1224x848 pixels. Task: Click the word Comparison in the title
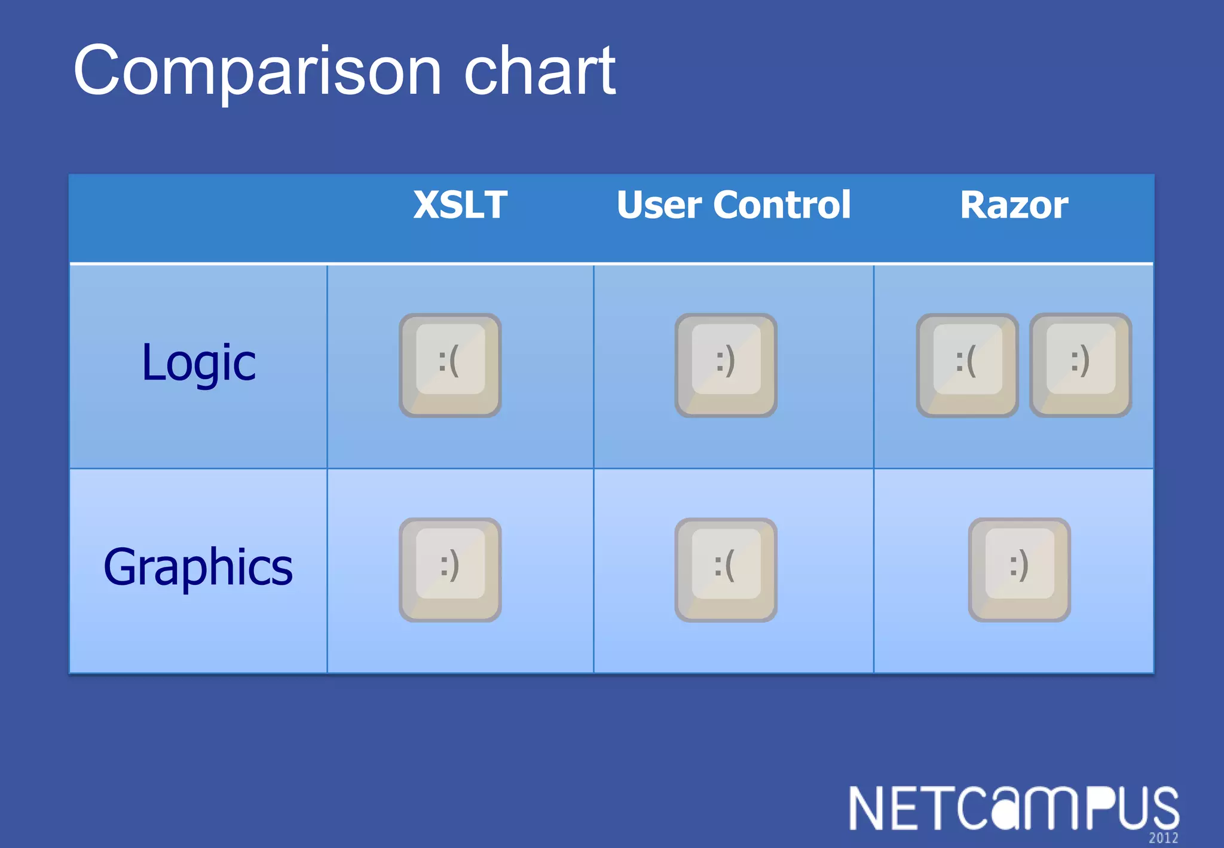coord(257,72)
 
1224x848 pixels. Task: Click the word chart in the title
coord(539,72)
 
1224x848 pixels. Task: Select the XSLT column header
coord(460,205)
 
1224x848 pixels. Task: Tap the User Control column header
coord(733,205)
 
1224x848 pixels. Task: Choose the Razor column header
coord(1014,205)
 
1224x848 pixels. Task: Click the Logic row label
coord(198,363)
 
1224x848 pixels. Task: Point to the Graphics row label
coord(198,567)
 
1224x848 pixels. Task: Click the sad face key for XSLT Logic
coord(450,365)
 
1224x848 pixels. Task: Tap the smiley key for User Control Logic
coord(726,365)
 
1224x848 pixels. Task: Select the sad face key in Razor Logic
coord(967,365)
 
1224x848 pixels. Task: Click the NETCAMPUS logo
coord(1013,809)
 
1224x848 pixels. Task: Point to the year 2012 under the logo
coord(1163,838)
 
